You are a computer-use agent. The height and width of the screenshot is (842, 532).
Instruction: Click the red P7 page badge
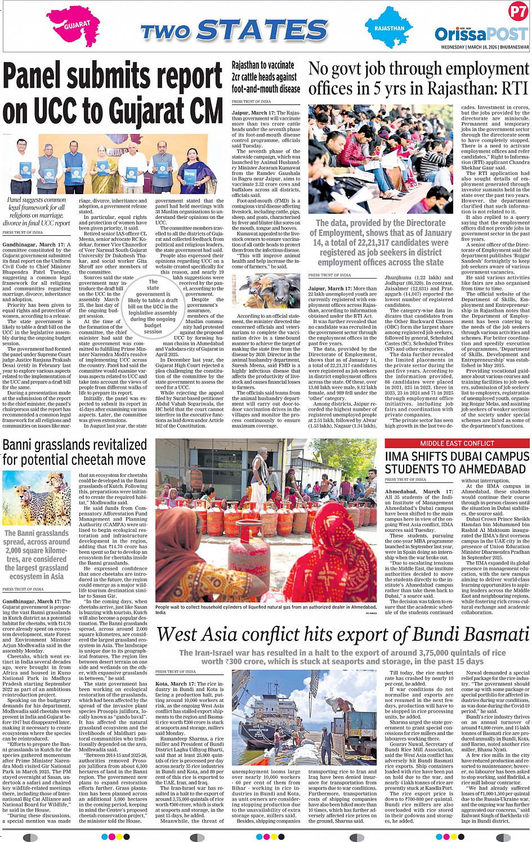[x=517, y=11]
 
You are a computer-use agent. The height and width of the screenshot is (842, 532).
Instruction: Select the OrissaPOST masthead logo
[x=481, y=33]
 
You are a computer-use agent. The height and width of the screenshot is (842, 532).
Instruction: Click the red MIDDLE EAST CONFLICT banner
[x=457, y=444]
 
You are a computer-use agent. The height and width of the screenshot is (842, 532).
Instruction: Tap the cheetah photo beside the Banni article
[x=37, y=499]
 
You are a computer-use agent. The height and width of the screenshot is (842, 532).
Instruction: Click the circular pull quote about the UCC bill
[x=153, y=306]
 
